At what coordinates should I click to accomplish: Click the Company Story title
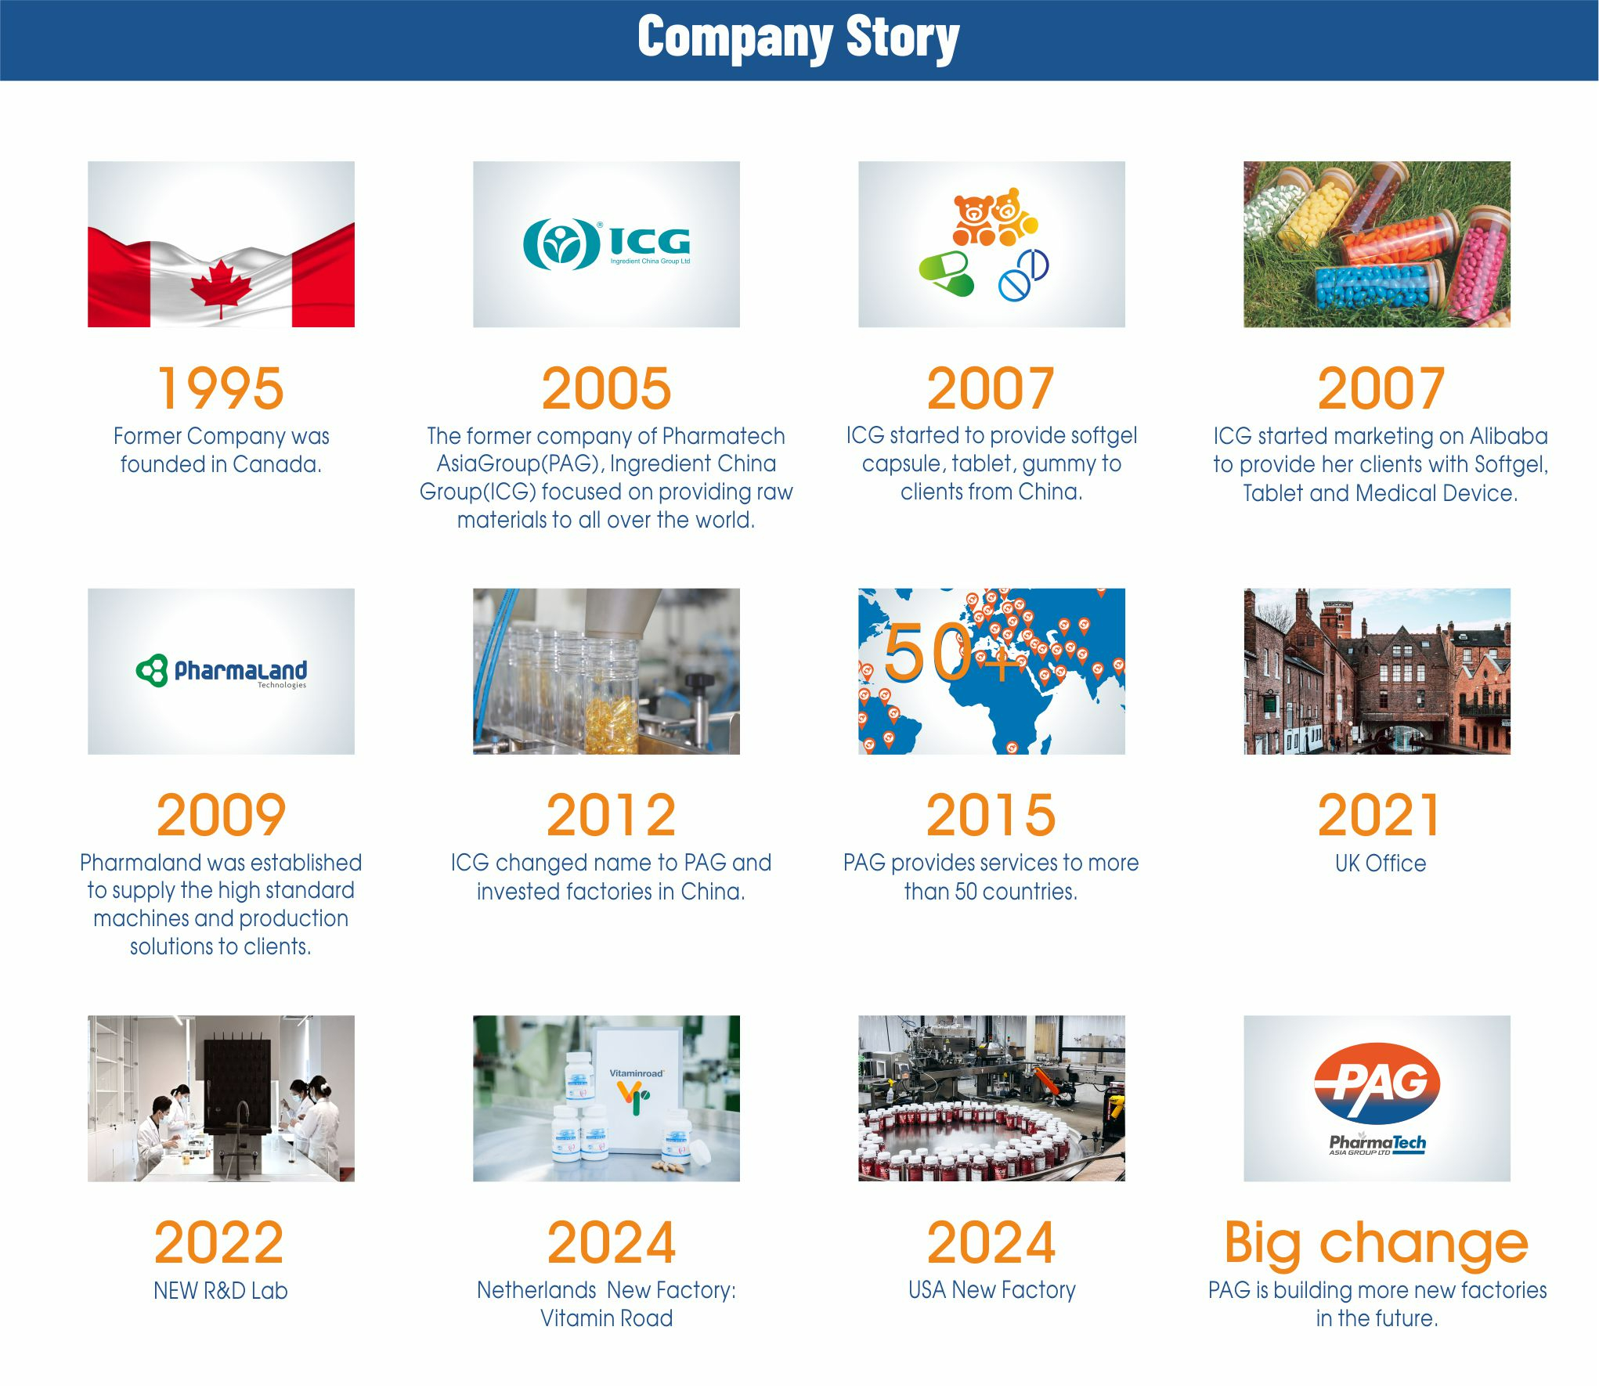[798, 38]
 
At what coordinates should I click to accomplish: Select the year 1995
[221, 388]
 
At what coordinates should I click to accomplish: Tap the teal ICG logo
[606, 244]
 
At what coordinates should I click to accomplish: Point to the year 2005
[606, 388]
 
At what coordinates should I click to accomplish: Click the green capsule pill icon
[946, 273]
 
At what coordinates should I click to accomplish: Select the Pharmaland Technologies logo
[221, 671]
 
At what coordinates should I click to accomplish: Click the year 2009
[221, 815]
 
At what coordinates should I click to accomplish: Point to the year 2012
[611, 815]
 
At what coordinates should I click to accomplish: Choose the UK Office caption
[1381, 863]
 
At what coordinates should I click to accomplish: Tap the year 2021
[1378, 815]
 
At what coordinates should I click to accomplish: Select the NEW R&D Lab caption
[221, 1290]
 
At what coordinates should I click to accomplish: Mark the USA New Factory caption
[992, 1289]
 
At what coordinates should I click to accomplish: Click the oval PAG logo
[1377, 1083]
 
